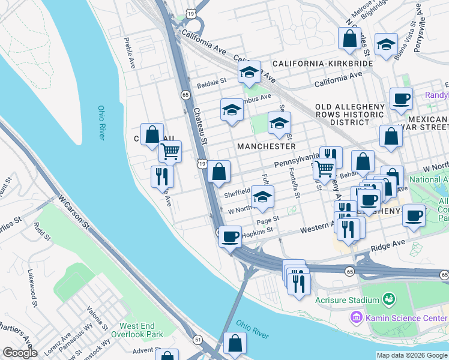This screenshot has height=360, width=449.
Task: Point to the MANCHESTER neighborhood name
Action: (267, 146)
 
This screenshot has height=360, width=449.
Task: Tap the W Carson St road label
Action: (73, 211)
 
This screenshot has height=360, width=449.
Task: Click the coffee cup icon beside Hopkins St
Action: (230, 236)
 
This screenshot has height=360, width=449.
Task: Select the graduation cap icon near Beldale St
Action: (249, 73)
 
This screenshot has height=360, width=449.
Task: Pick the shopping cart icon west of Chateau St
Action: (170, 151)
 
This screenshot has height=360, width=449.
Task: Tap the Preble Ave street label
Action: (128, 53)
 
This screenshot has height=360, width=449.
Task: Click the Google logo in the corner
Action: (20, 353)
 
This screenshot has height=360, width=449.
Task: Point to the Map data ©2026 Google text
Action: (411, 355)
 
